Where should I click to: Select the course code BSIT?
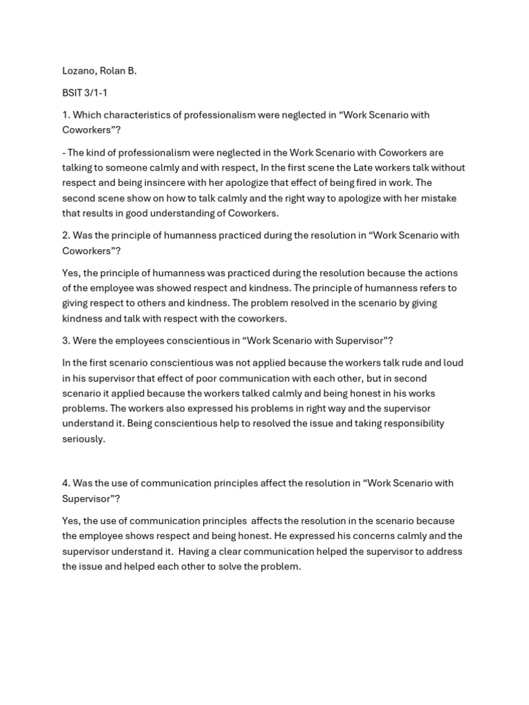72,93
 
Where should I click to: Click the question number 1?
65,115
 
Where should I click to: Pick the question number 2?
65,235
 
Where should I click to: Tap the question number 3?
65,341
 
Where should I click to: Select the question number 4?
65,483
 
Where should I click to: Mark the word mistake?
439,198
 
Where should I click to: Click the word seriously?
83,439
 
